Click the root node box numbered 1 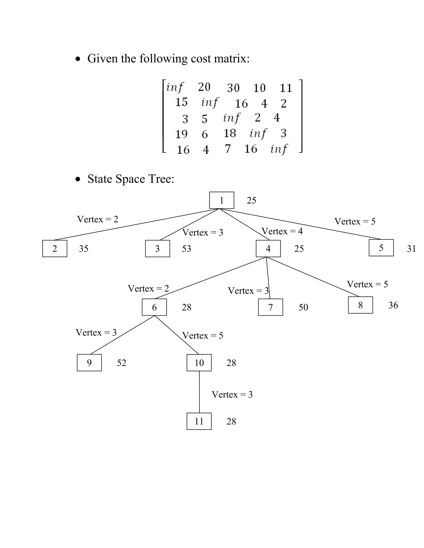(x=222, y=200)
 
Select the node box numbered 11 (x=199, y=421)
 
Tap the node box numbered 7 (x=270, y=307)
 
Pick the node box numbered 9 (x=89, y=363)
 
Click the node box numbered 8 (x=360, y=305)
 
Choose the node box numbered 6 (x=154, y=307)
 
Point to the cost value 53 (x=186, y=249)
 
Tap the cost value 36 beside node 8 (x=393, y=305)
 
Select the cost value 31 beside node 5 (x=411, y=249)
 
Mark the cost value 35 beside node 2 (x=84, y=249)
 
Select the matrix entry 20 (x=204, y=87)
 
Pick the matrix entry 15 (x=181, y=102)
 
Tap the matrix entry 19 (x=181, y=134)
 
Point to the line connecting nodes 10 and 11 (x=199, y=391)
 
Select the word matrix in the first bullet (x=232, y=59)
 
